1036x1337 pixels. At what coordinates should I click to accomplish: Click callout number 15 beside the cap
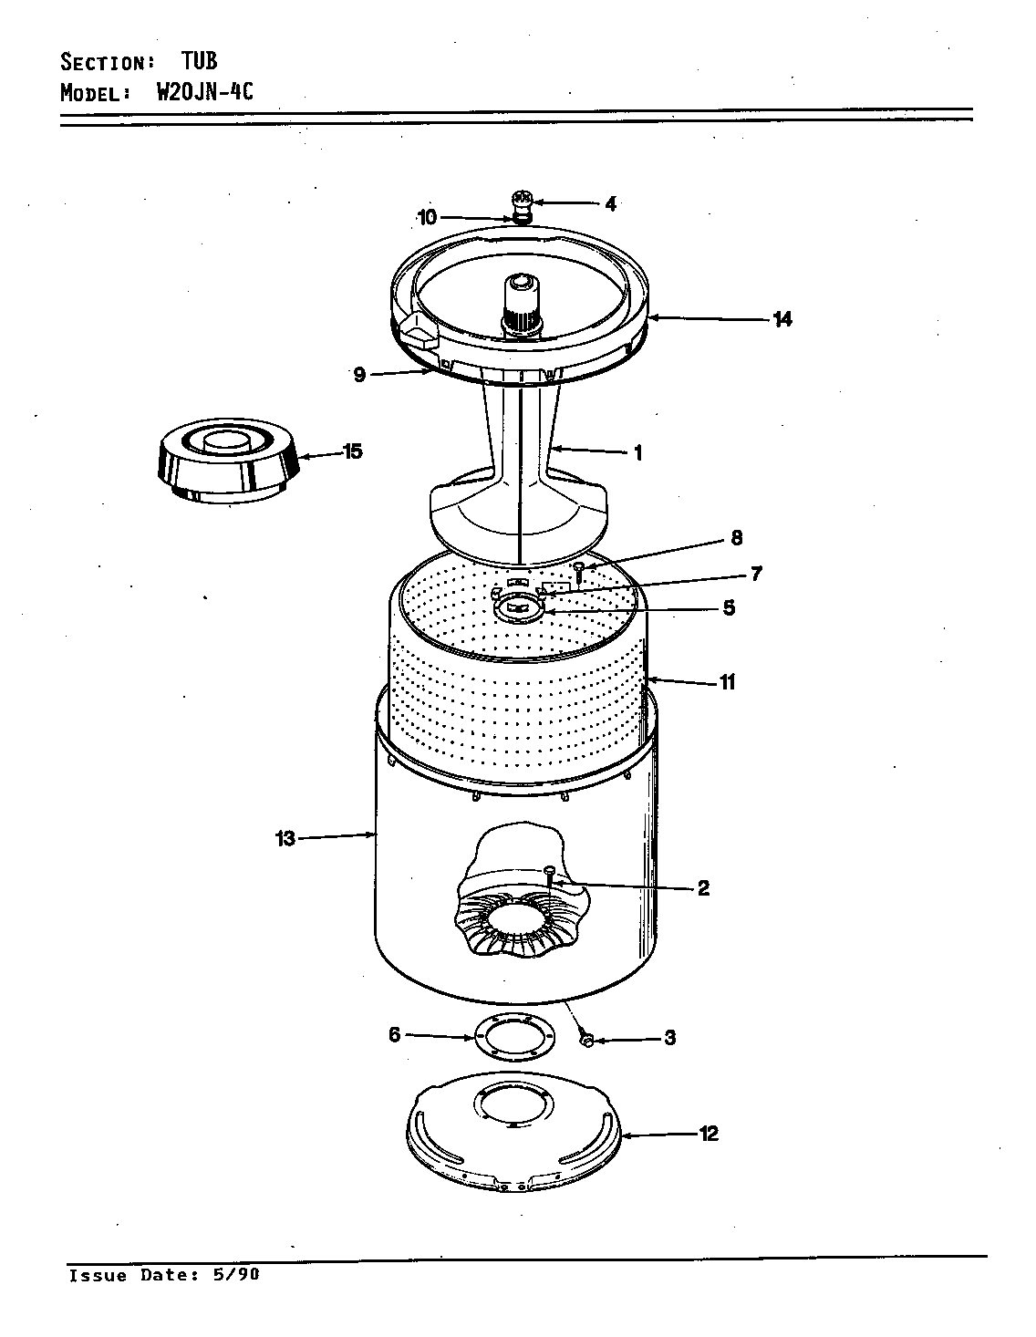[x=351, y=451]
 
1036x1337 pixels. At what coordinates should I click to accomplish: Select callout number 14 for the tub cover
[x=782, y=319]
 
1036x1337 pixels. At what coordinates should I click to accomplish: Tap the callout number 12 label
[x=709, y=1134]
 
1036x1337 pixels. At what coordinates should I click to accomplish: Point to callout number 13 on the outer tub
[x=286, y=839]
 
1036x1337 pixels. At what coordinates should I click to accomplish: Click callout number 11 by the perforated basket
[x=727, y=682]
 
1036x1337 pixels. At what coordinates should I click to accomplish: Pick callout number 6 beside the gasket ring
[x=394, y=1035]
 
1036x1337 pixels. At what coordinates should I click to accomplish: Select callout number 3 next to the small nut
[x=669, y=1038]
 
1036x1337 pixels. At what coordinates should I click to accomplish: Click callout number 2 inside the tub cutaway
[x=703, y=888]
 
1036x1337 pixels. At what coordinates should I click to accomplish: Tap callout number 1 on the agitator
[x=638, y=452]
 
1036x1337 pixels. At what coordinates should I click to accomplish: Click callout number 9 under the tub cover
[x=359, y=375]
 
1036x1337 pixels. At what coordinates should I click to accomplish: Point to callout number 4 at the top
[x=610, y=204]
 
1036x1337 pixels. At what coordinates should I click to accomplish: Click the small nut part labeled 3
[x=587, y=1039]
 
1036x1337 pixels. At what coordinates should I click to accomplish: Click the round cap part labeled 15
[x=229, y=463]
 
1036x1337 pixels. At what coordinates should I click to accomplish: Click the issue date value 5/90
[x=234, y=1275]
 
